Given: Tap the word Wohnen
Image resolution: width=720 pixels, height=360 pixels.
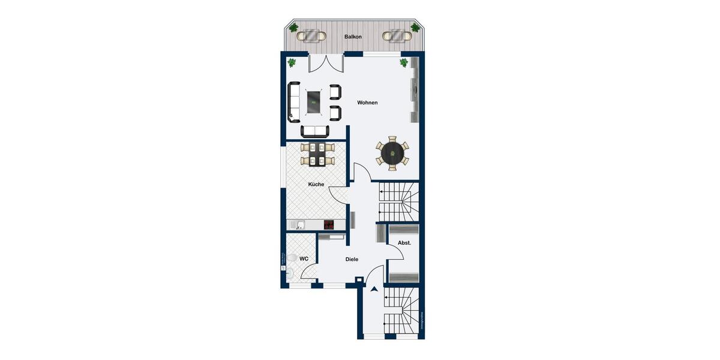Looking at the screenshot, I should coord(367,103).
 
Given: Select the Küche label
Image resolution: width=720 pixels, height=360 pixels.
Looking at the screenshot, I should coord(316,184).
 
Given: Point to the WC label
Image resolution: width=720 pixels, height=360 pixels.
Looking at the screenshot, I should coord(304,259).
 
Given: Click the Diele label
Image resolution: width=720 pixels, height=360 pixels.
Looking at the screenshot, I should coord(352,259).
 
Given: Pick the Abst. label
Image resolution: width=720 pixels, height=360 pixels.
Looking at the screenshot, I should coord(404,243).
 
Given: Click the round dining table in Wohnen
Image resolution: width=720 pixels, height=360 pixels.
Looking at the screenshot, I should coord(392,153).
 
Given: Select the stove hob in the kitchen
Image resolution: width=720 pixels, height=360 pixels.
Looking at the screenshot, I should coord(329,224).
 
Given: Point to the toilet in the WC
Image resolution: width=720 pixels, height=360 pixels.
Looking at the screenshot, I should coord(292,257).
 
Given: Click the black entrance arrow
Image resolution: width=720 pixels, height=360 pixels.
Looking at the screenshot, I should coord(374,290).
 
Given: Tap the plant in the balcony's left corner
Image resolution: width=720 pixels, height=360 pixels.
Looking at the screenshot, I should coord(293,28).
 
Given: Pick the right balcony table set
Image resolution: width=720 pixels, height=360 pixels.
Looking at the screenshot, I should coord(397,36).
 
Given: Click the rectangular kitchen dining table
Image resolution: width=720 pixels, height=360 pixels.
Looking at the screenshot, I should coord(316,154).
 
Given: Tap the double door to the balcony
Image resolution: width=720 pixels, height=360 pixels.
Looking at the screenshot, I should coord(326,63).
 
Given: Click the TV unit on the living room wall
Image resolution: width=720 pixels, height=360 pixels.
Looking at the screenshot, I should coord(413,91).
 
